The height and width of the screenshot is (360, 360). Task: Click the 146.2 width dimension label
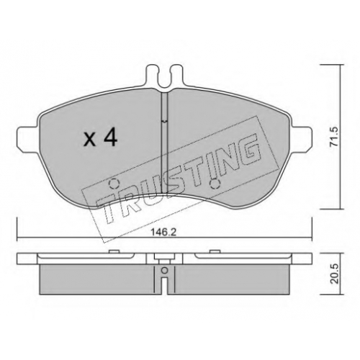click(x=163, y=232)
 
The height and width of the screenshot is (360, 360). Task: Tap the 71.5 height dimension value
click(x=334, y=137)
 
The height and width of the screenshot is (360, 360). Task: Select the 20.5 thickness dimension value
click(x=334, y=274)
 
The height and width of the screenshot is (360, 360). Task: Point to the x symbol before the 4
click(x=89, y=140)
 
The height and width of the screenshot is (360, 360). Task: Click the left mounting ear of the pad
click(x=27, y=140)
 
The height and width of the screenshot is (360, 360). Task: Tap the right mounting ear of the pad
click(x=302, y=139)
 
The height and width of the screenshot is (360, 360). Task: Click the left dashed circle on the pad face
click(x=114, y=184)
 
